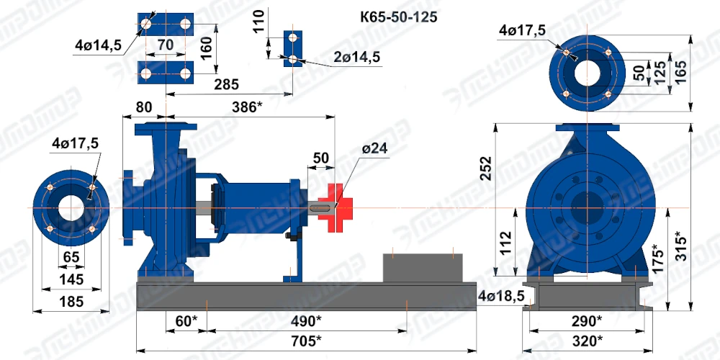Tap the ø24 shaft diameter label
pyautogui.click(x=374, y=148)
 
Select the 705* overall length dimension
pyautogui.click(x=306, y=341)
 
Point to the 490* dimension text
pyautogui.click(x=306, y=320)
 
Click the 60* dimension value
pyautogui.click(x=186, y=320)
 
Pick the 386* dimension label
pyautogui.click(x=247, y=107)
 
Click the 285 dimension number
pyautogui.click(x=226, y=84)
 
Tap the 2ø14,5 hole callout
pyautogui.click(x=357, y=57)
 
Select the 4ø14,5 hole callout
pyautogui.click(x=98, y=45)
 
